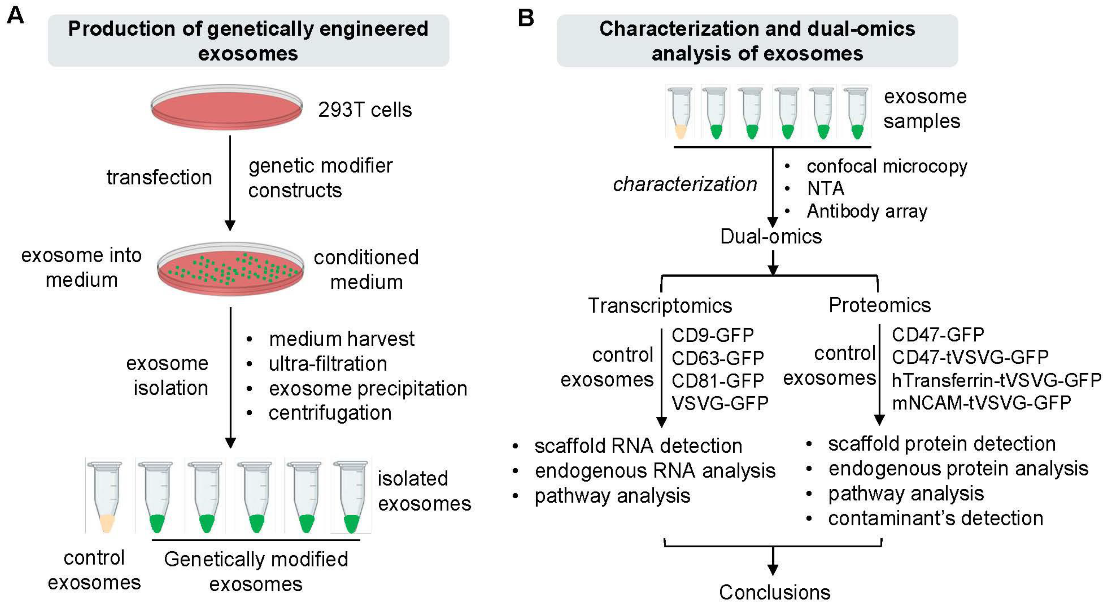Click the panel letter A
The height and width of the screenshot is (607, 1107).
16,16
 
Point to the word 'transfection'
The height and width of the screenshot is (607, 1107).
159,177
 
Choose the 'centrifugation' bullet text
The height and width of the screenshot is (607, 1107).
330,413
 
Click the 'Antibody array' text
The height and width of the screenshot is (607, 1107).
867,211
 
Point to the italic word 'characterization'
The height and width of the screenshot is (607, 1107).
685,184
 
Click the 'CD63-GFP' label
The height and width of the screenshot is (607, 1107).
718,358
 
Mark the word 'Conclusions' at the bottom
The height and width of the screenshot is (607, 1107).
774,592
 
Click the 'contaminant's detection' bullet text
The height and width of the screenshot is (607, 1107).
935,518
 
